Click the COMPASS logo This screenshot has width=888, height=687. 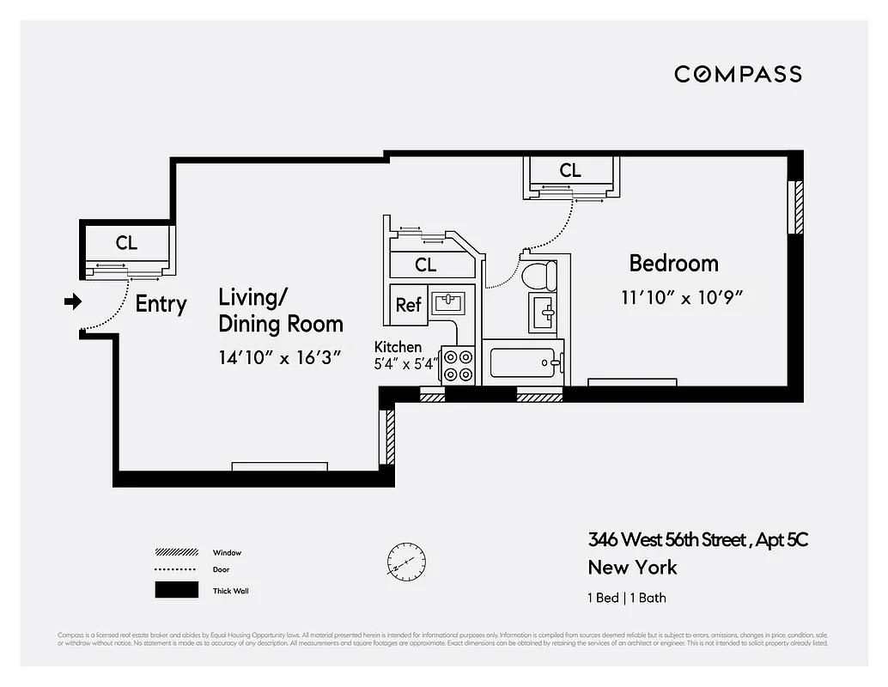click(738, 74)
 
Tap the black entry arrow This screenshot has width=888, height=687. click(73, 301)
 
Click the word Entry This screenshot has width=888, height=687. click(161, 304)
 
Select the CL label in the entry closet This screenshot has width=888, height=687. click(126, 243)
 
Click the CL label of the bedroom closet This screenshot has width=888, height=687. click(569, 171)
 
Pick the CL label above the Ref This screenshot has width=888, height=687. click(425, 265)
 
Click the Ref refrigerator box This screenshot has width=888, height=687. click(408, 305)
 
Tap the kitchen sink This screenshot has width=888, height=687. click(449, 302)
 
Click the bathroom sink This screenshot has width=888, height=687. click(544, 311)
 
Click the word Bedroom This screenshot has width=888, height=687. click(673, 263)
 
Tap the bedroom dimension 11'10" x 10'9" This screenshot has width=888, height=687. click(681, 298)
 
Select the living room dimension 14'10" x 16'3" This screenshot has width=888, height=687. click(280, 357)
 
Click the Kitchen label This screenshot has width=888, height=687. click(398, 347)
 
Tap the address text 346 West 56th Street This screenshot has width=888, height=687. click(668, 540)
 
